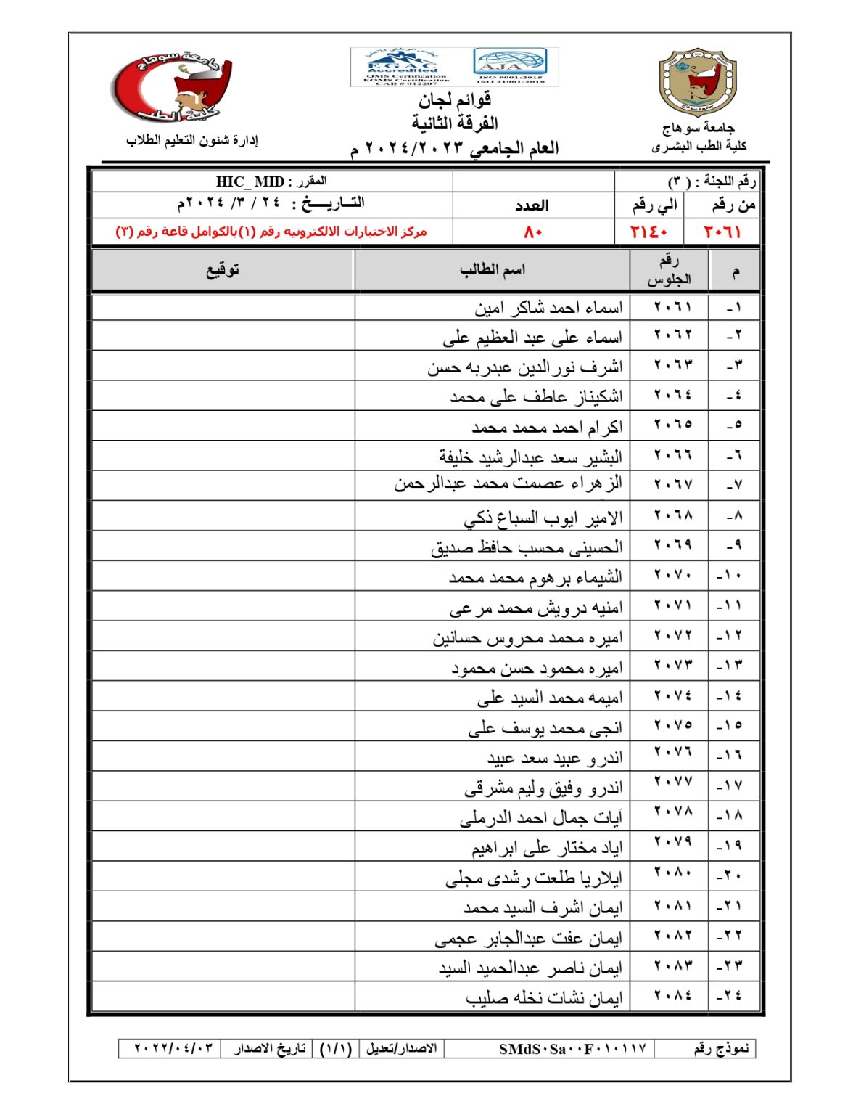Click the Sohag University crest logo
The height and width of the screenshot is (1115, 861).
tap(697, 82)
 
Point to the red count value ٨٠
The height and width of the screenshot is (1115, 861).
tap(533, 232)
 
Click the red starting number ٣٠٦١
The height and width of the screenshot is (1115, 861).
tap(722, 232)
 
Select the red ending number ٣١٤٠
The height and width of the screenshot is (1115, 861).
tap(648, 232)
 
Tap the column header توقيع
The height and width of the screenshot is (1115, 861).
tap(223, 270)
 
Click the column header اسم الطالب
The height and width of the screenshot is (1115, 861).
tap(492, 270)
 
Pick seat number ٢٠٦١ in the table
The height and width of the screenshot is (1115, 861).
tap(672, 307)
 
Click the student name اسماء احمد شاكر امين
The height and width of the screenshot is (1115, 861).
tap(548, 309)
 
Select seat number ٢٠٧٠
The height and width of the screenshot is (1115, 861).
tap(672, 576)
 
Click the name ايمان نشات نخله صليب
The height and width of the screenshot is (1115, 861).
tap(544, 999)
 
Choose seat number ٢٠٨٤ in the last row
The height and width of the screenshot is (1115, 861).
tap(672, 996)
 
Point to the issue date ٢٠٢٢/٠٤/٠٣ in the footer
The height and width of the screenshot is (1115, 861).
tap(173, 1049)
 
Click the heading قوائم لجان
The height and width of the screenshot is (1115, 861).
tap(455, 99)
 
